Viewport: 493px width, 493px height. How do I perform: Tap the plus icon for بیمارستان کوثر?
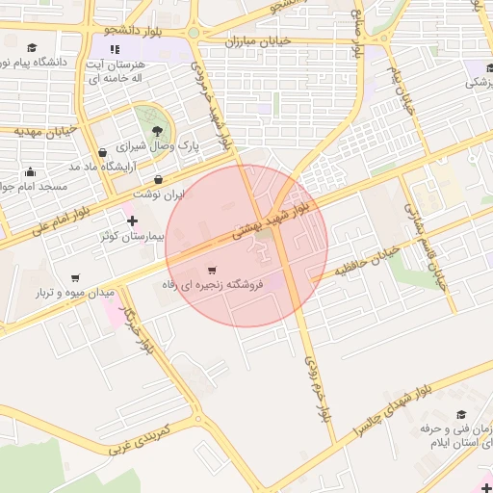(x=133, y=221)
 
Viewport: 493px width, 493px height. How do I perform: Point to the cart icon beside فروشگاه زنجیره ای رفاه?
(x=213, y=270)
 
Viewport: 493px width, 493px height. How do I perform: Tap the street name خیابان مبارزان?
(x=257, y=42)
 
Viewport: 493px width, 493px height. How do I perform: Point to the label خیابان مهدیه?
(x=46, y=131)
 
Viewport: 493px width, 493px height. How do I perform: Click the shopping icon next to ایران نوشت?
(x=158, y=179)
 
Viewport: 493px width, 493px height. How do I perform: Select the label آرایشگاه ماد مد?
(x=101, y=167)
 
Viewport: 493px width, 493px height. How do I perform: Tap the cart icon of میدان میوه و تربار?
(x=75, y=278)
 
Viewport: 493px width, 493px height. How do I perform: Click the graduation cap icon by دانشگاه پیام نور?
(x=32, y=47)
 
